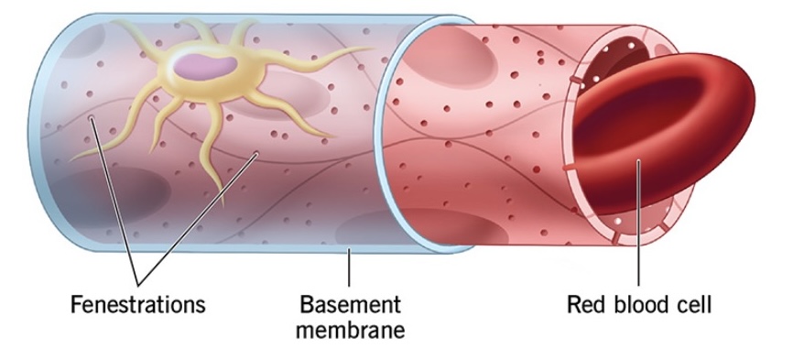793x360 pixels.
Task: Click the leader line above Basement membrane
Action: [x=349, y=266]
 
